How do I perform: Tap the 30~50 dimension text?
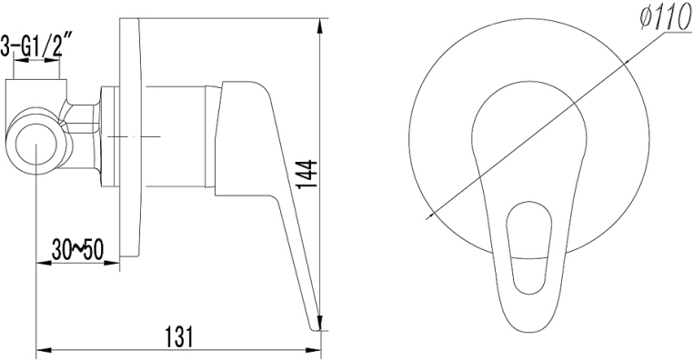[77, 250]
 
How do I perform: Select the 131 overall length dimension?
[178, 337]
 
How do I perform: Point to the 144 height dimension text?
[306, 175]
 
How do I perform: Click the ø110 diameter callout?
[666, 19]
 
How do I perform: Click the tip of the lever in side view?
[315, 328]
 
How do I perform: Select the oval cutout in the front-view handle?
[528, 249]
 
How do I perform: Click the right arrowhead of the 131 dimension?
[314, 351]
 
